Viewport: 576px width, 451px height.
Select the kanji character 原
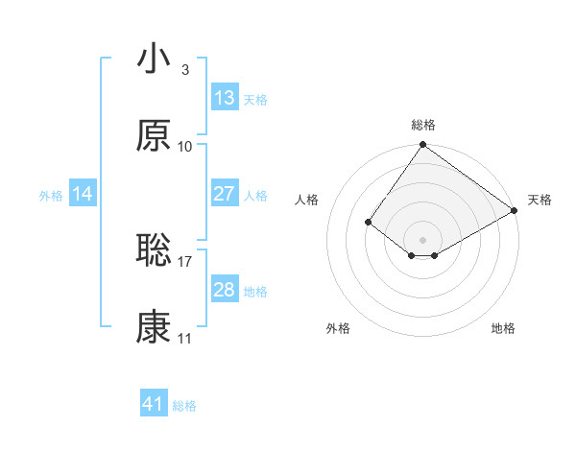click(x=154, y=136)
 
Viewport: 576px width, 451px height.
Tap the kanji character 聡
click(x=154, y=249)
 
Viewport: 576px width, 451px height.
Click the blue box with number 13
click(x=225, y=98)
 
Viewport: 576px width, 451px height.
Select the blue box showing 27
click(x=225, y=194)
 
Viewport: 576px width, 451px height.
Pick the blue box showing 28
click(x=225, y=290)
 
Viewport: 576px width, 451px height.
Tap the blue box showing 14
click(x=83, y=194)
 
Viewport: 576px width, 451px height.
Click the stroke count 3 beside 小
click(x=184, y=69)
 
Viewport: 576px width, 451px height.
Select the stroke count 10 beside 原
click(x=185, y=147)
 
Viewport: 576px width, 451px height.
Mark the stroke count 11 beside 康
click(x=185, y=340)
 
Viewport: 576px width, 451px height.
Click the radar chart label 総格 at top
click(x=423, y=125)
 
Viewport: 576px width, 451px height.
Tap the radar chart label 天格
click(x=540, y=200)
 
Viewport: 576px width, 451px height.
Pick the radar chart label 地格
click(x=503, y=329)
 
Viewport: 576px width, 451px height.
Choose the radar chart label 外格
click(x=338, y=329)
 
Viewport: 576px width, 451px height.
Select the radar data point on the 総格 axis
click(x=423, y=146)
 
